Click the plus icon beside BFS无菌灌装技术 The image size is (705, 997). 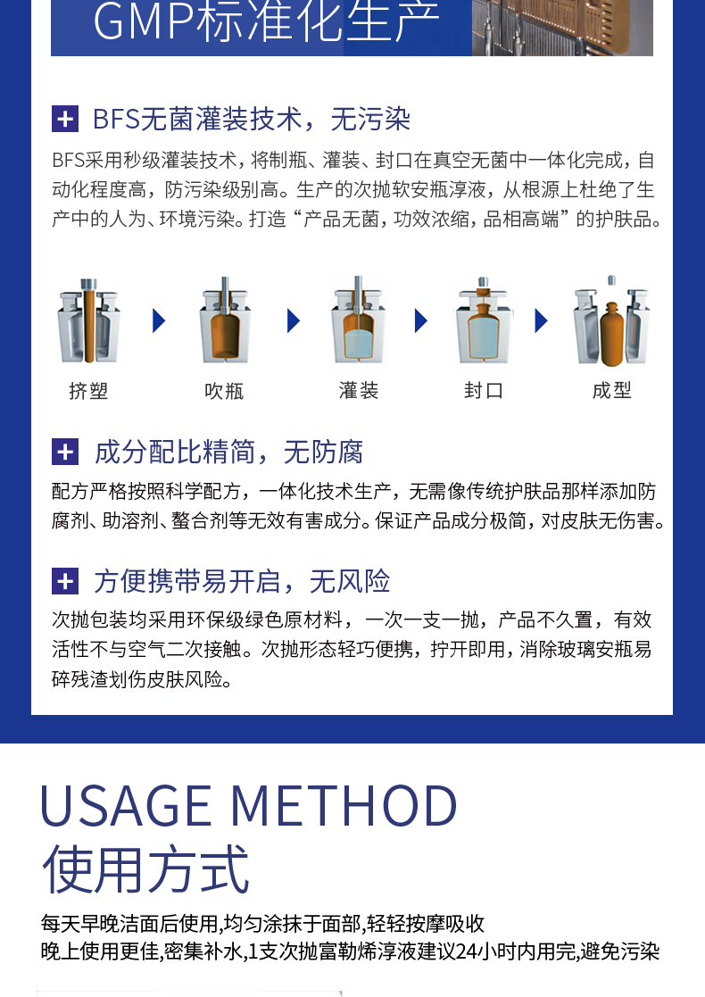click(x=65, y=119)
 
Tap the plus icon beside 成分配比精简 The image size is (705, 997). click(x=65, y=452)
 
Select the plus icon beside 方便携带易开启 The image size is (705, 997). click(x=65, y=581)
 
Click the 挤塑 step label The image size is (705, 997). click(x=88, y=390)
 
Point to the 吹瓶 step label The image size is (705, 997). click(x=224, y=390)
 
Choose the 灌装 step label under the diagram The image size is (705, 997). click(x=359, y=390)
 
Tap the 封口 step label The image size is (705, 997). click(x=484, y=390)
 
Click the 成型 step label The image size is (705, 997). click(x=611, y=390)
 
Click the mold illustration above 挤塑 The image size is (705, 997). click(x=89, y=321)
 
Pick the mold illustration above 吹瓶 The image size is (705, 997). click(x=224, y=321)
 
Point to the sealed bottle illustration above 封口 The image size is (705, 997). click(x=484, y=321)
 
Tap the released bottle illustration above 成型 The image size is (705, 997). click(x=611, y=321)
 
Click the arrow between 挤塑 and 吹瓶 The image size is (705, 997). click(x=159, y=320)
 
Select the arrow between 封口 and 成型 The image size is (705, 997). click(x=541, y=320)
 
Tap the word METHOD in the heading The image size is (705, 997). click(x=344, y=806)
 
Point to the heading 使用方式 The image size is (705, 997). click(x=145, y=869)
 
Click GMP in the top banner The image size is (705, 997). click(x=144, y=21)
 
